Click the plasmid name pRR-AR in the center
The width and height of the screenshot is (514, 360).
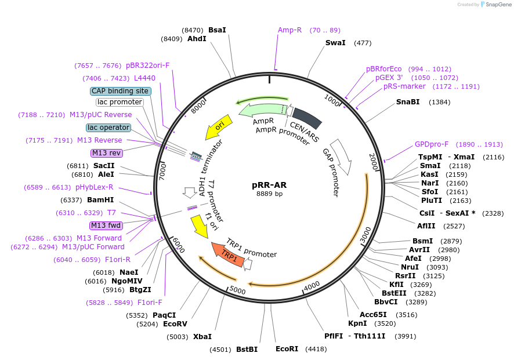[x=269, y=186]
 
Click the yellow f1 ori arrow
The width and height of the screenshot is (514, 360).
[x=200, y=226]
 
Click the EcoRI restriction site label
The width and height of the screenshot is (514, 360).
[x=287, y=349]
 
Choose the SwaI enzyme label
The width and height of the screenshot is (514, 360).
[x=335, y=43]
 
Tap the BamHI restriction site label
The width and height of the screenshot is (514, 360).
[x=100, y=200]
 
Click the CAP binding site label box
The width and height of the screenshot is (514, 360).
[x=120, y=91]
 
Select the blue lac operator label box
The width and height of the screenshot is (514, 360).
[x=108, y=128]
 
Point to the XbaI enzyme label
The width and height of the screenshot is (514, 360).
[x=202, y=336]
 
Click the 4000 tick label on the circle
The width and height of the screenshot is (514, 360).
[x=312, y=285]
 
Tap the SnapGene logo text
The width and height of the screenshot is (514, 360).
[x=497, y=5]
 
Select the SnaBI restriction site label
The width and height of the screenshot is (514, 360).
[x=408, y=102]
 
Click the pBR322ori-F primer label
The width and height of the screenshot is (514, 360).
[x=147, y=66]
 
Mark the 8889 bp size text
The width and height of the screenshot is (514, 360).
[x=269, y=194]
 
